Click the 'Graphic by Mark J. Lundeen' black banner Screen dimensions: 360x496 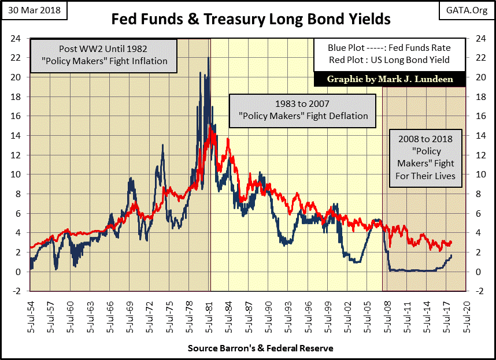point(382,79)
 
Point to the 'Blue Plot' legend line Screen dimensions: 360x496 point(382,48)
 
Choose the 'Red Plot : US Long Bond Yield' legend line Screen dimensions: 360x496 point(382,60)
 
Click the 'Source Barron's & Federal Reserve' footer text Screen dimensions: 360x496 point(261,348)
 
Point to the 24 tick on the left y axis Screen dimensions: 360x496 point(18,38)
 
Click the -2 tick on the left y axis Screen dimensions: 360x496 point(18,291)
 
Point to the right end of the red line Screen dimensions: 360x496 point(451,243)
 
